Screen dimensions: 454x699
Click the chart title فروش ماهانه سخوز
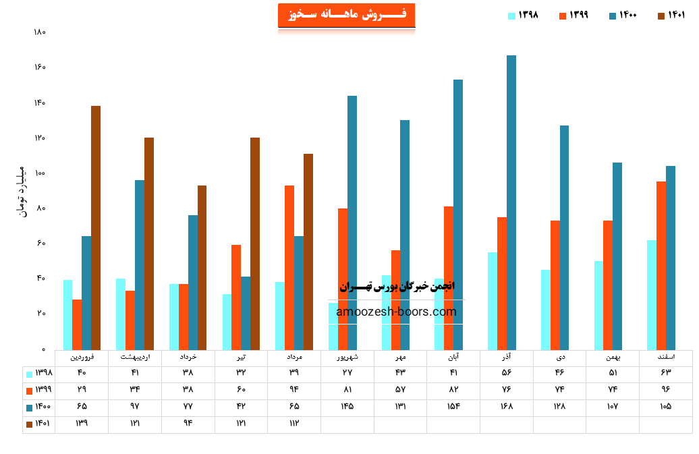[346, 15]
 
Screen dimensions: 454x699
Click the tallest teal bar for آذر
[511, 202]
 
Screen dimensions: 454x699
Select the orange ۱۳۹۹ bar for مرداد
[289, 268]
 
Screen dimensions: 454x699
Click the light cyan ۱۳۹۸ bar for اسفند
[651, 295]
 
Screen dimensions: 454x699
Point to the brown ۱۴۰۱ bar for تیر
[255, 244]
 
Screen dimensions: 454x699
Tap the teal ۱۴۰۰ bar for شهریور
[352, 223]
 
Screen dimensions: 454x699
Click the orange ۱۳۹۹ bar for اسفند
[661, 266]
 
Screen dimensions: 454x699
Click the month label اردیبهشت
[135, 357]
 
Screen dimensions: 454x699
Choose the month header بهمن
[612, 357]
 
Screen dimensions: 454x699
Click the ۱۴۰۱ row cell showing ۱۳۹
[82, 424]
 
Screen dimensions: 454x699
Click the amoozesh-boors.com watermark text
[396, 312]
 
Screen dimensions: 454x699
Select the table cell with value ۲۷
[347, 373]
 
